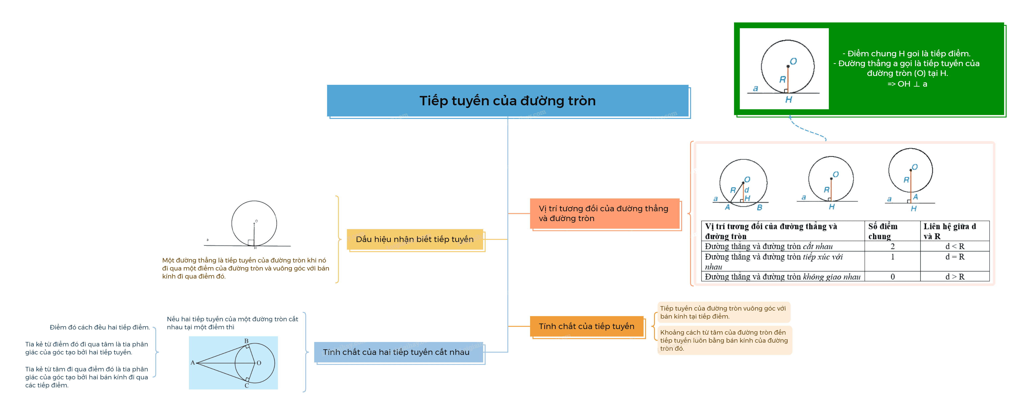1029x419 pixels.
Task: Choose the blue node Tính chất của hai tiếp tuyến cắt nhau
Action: [x=398, y=352]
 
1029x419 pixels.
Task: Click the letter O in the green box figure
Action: [x=793, y=61]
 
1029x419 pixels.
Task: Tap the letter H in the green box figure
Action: [x=788, y=100]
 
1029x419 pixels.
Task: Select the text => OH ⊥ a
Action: [x=907, y=84]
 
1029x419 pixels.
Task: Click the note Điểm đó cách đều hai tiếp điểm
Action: [x=100, y=327]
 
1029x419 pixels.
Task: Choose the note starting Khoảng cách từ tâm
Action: [x=724, y=340]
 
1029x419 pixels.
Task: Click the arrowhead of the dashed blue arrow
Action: [x=790, y=117]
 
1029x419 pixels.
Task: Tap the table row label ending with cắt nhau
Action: [x=769, y=246]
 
